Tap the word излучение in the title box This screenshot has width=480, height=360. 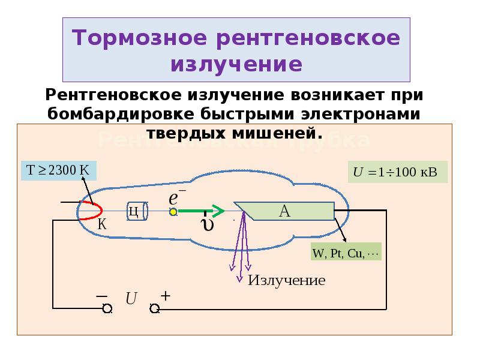tap(237, 64)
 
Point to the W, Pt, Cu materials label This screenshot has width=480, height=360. tap(346, 253)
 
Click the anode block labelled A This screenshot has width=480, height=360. tap(284, 211)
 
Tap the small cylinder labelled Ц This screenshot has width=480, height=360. tap(134, 211)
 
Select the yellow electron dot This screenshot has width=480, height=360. tap(173, 211)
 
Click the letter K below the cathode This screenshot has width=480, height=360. tap(102, 226)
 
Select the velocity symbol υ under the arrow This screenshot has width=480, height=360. tap(208, 225)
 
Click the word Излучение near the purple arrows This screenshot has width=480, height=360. tap(287, 280)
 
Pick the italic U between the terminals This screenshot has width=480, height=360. tap(131, 298)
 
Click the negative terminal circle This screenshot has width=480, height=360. tap(107, 308)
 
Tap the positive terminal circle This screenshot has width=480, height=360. tap(154, 308)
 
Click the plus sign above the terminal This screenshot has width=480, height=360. tap(166, 296)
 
